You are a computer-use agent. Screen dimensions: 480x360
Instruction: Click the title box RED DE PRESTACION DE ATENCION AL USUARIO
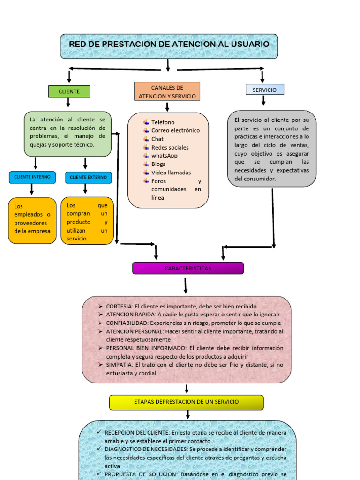pos(169,45)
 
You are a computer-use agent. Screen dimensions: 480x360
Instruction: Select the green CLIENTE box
pos(69,91)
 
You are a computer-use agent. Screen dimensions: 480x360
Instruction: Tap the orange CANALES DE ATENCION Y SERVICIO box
pos(167,92)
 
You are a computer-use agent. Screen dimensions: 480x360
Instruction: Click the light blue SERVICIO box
pos(264,90)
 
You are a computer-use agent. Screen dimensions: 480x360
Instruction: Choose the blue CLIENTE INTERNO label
pos(32,177)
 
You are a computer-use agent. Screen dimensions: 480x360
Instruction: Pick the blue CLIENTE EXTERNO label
pos(88,178)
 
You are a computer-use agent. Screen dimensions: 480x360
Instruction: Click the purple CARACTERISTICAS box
pos(187,269)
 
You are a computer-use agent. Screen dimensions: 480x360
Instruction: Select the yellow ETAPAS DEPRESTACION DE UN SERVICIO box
pos(186,402)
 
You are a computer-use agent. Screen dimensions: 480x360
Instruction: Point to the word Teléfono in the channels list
pos(163,122)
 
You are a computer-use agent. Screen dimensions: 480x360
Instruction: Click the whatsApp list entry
pos(164,156)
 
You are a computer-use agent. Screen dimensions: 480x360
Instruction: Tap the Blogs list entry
pos(158,164)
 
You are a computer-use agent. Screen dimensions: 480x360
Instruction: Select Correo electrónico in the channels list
pos(175,130)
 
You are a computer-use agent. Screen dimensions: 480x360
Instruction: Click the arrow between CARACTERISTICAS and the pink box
pos(186,285)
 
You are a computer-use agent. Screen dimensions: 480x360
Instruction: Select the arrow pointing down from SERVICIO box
pos(263,100)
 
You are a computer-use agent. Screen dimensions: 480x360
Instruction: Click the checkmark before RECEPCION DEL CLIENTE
pos(98,432)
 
